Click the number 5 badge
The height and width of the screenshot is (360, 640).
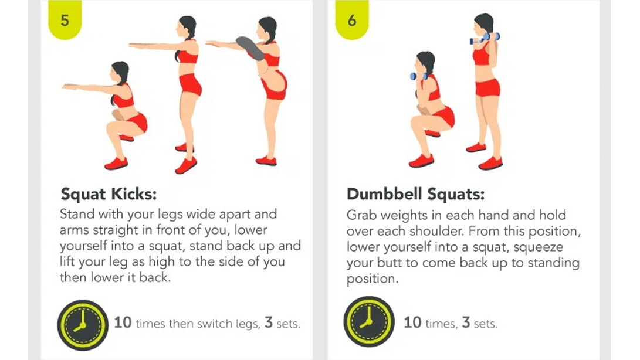click(x=65, y=19)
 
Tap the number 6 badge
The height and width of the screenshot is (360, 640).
click(x=352, y=19)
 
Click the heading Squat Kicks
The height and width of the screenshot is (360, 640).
click(x=109, y=194)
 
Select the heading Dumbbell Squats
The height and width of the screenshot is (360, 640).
click(x=415, y=194)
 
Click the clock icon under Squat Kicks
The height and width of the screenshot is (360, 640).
click(x=83, y=325)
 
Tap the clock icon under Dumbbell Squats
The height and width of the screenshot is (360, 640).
click(x=369, y=322)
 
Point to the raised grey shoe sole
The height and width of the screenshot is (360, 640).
click(x=250, y=48)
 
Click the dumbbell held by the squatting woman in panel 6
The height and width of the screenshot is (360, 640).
click(x=419, y=76)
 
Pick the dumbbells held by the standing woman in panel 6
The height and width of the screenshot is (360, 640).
click(x=485, y=38)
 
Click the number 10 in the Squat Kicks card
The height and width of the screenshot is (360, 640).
click(x=123, y=322)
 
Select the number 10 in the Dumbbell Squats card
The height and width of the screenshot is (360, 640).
click(x=412, y=322)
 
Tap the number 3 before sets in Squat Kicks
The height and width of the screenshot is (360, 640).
click(x=269, y=322)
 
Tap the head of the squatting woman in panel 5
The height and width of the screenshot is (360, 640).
click(x=120, y=72)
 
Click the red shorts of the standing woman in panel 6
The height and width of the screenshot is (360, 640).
click(x=487, y=87)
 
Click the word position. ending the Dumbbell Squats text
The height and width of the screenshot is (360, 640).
click(x=373, y=279)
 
